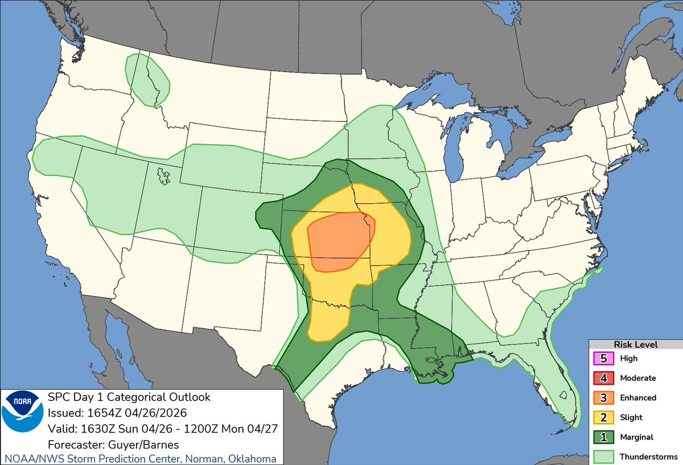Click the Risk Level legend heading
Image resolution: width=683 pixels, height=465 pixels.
tap(635, 344)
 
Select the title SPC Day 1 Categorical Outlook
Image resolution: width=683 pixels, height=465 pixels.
tap(129, 397)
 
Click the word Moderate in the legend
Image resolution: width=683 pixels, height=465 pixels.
tap(638, 378)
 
